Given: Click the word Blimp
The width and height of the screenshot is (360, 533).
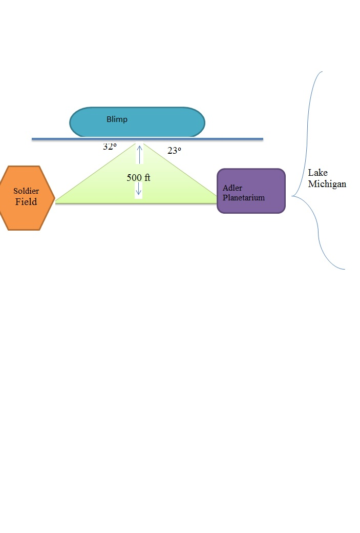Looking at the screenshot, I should (x=117, y=119).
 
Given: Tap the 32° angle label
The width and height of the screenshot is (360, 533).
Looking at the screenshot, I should (x=110, y=147).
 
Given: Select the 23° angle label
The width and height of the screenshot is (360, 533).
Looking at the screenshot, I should (x=174, y=151).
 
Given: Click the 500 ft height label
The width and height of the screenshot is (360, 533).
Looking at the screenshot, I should (x=138, y=178).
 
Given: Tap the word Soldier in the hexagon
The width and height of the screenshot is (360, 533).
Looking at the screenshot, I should (x=26, y=191).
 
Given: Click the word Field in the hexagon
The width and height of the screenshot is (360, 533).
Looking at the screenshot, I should (x=26, y=202).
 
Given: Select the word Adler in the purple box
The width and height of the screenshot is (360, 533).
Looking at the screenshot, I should (x=232, y=188).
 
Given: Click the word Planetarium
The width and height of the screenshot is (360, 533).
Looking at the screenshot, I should (x=244, y=197).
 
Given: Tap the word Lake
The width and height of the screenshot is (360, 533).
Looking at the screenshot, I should (x=317, y=173).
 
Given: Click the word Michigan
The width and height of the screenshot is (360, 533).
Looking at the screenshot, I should (x=327, y=184).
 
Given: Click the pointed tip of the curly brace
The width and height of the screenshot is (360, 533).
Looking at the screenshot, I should (x=292, y=196).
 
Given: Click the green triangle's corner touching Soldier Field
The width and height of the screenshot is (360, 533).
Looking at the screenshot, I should (x=56, y=202).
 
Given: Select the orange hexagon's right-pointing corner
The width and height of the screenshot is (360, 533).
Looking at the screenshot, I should (x=54, y=198).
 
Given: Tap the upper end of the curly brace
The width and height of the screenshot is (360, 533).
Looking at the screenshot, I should (x=322, y=72).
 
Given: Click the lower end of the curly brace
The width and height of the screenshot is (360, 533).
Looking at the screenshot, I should (x=345, y=269).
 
